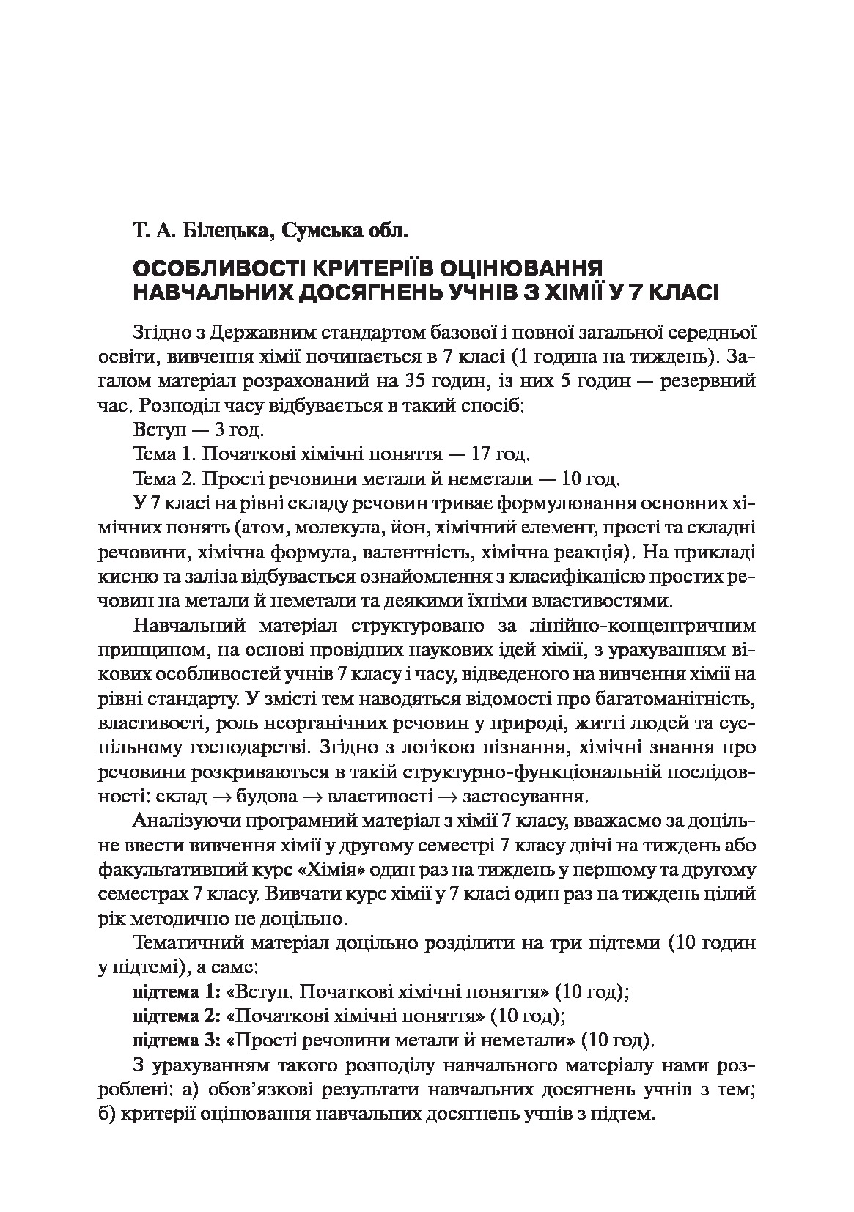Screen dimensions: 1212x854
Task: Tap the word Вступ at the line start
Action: (158, 430)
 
